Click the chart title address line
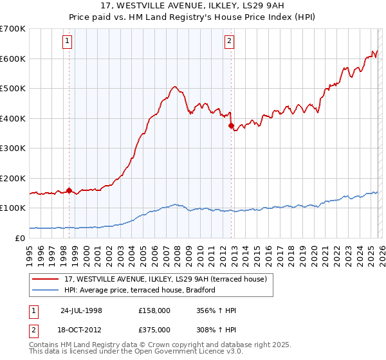coord(192,4)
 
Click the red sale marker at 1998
coord(69,190)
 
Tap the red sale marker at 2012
coord(231,126)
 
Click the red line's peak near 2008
coord(174,86)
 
